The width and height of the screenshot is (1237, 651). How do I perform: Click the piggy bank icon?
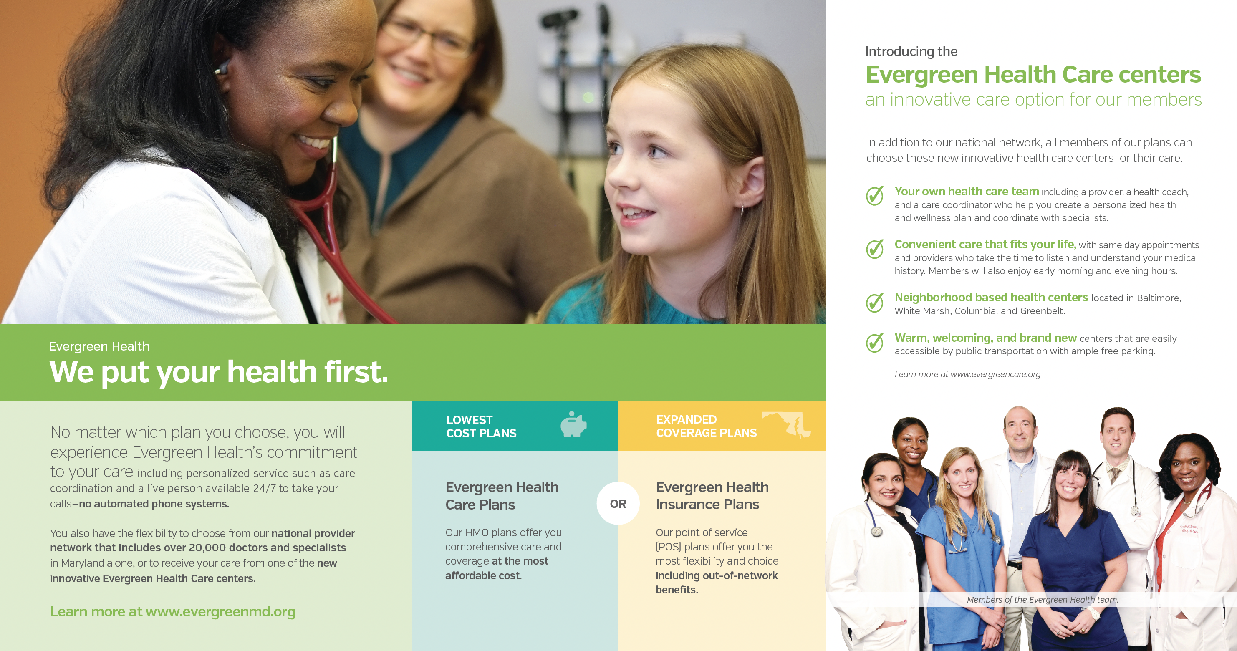click(x=573, y=424)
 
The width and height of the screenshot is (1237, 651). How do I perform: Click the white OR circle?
click(x=618, y=503)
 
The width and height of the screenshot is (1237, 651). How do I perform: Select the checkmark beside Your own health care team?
click(x=874, y=195)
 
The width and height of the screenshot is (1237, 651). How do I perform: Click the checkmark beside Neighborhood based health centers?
click(x=874, y=302)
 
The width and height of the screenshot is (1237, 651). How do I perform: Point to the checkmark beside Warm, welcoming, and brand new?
click(x=874, y=342)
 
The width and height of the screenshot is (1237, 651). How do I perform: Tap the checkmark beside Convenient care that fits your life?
click(x=874, y=249)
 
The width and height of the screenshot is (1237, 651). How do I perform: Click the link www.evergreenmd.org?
click(x=220, y=612)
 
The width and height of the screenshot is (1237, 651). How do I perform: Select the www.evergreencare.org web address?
click(x=995, y=374)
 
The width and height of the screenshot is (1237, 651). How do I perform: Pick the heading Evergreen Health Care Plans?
click(x=502, y=496)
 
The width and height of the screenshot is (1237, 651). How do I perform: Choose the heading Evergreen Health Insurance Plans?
click(x=712, y=496)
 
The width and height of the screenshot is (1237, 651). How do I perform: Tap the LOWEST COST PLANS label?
click(x=481, y=426)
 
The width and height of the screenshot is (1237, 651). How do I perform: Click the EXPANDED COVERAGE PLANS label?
click(x=707, y=426)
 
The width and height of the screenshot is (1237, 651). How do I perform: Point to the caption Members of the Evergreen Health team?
click(x=1043, y=600)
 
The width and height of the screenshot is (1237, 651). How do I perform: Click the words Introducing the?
click(x=911, y=51)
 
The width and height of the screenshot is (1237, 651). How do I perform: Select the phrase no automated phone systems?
click(x=154, y=504)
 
